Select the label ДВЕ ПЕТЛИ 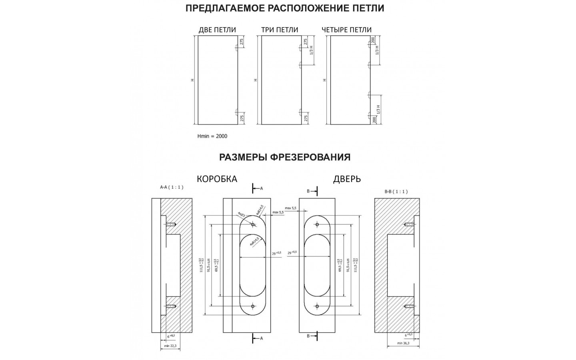click(x=217, y=30)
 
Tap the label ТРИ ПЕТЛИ click(x=280, y=30)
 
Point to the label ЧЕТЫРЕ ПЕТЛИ click(x=346, y=30)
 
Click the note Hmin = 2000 click(x=212, y=136)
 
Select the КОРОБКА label click(x=217, y=179)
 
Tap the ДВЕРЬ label click(x=347, y=179)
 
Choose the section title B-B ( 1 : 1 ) click(x=396, y=192)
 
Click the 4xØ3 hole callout click(x=242, y=214)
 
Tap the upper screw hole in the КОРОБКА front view click(x=253, y=225)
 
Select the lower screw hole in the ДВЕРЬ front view click(x=317, y=306)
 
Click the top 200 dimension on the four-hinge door click(x=373, y=40)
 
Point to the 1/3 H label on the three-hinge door click(x=311, y=50)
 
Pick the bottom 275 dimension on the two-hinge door click(x=242, y=118)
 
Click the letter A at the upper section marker click(x=262, y=188)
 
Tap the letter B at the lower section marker click(x=308, y=336)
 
